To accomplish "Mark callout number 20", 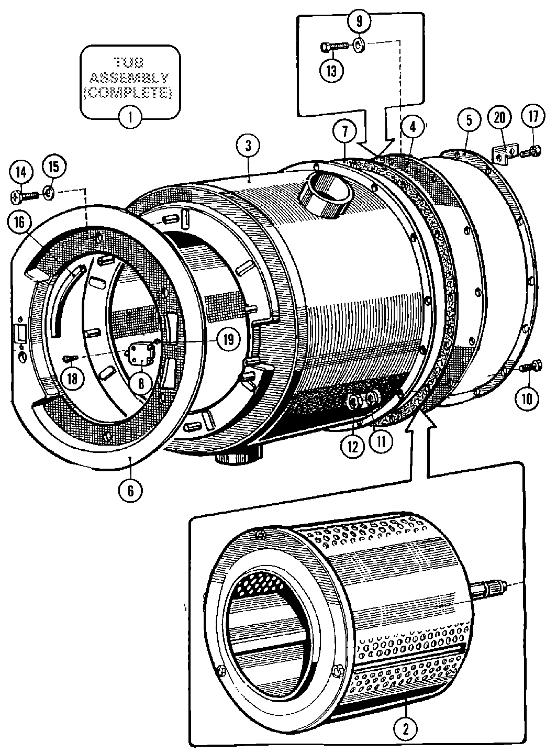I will [499, 118].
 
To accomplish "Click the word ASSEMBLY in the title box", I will [129, 78].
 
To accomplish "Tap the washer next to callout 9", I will [360, 45].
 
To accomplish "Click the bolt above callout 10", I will [530, 367].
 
